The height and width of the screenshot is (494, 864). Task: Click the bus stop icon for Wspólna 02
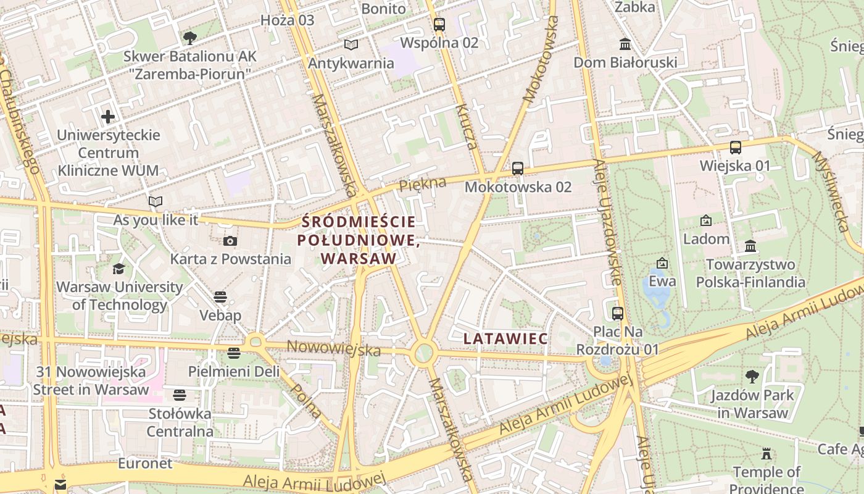point(439,25)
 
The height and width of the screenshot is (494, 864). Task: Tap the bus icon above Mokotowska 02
point(518,168)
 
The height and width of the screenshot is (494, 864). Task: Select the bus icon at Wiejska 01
point(735,148)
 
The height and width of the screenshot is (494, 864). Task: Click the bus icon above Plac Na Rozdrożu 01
point(617,314)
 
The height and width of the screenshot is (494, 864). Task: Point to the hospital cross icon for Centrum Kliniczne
point(108,117)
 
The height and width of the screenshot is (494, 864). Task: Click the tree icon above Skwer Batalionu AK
point(189,38)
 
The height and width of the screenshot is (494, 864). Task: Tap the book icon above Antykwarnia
point(351,44)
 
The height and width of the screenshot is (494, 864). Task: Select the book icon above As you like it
point(156,201)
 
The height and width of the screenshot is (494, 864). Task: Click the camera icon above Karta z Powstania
point(230,241)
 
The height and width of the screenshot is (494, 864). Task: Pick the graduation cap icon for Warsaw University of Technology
point(118,269)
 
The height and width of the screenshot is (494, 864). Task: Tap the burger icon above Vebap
point(220,298)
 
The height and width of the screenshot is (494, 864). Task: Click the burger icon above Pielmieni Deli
point(233,353)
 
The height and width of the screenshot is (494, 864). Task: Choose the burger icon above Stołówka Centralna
point(180,395)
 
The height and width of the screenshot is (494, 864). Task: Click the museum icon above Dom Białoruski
point(625,44)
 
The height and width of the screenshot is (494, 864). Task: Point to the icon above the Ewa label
point(662,263)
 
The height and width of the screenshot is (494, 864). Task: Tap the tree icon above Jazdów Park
point(752,376)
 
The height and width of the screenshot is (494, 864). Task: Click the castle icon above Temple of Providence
point(766,454)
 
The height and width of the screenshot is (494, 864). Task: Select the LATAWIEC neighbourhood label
point(505,338)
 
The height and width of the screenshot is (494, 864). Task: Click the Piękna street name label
point(422,184)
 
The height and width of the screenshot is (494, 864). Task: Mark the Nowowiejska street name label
point(334,349)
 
